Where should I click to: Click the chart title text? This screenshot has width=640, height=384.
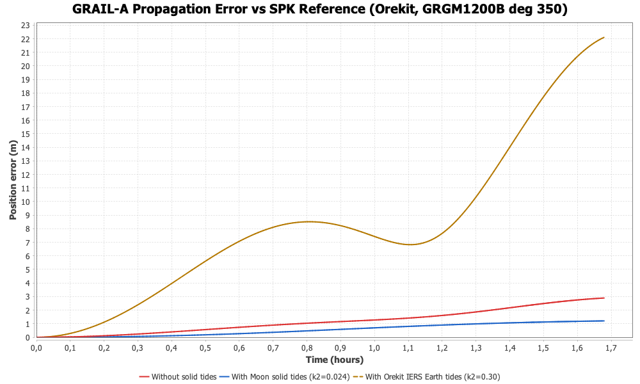[320, 10]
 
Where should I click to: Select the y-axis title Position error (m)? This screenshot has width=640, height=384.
[13, 180]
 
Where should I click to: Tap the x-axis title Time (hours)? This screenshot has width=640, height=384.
[334, 360]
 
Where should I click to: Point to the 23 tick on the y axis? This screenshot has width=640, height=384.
[26, 25]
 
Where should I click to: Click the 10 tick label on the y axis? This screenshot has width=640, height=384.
[26, 202]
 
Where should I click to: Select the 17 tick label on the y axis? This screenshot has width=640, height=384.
[26, 106]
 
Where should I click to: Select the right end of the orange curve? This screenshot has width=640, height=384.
[604, 37]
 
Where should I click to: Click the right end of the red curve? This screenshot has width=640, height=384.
[604, 298]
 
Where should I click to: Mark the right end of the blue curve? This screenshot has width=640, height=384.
[604, 321]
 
